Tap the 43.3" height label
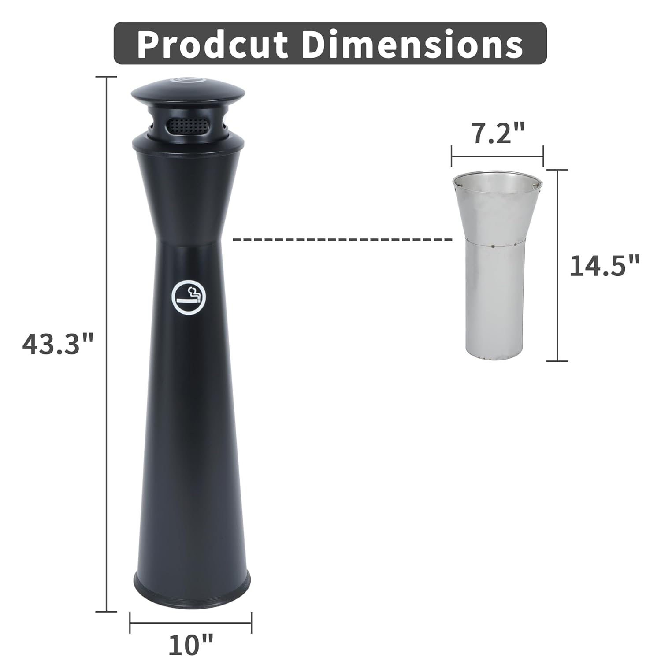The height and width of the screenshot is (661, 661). tap(58, 344)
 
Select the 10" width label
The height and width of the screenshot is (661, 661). tap(190, 644)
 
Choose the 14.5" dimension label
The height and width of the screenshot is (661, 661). tap(604, 266)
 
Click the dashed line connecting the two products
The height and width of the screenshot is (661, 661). tap(342, 239)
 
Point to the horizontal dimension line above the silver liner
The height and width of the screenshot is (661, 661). tap(497, 156)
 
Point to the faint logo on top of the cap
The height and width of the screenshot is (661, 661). tap(187, 80)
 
